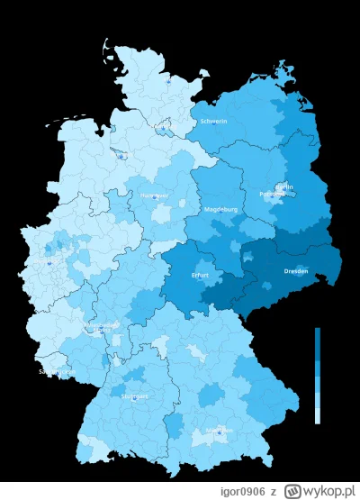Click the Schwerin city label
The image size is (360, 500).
pos(214,121)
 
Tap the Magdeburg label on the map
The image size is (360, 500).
pos(221,210)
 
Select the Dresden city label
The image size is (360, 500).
pos(296,271)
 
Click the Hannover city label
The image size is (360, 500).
pos(154,195)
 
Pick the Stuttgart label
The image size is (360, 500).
pos(136,395)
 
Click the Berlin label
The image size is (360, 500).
pos(284,186)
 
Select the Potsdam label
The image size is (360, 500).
pos(273,194)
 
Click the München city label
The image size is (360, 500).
pos(219,431)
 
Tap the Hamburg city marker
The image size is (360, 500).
pos(163,130)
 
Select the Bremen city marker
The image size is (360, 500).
pos(121,155)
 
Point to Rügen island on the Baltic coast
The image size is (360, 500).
pos(285,69)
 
